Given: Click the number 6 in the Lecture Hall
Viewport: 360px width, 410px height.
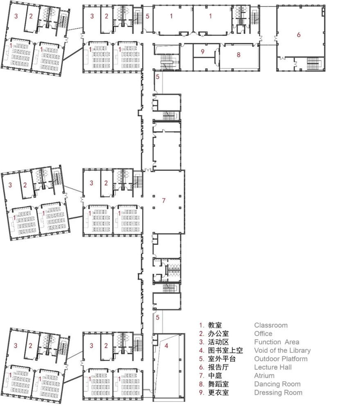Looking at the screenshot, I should click(299, 35).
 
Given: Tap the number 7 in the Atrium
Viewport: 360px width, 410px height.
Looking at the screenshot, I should click(164, 200).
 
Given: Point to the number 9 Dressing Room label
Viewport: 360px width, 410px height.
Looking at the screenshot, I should click(202, 52).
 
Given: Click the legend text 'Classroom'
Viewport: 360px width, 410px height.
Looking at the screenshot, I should click(270, 325).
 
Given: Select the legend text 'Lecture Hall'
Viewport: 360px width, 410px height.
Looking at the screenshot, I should click(273, 367).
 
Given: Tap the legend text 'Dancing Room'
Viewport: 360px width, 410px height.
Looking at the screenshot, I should click(277, 384).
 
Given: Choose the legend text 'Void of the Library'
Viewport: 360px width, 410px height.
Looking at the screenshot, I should click(282, 350).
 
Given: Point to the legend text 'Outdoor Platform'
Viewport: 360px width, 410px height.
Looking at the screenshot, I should click(281, 359).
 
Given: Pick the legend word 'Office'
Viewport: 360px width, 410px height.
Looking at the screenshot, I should click(263, 334).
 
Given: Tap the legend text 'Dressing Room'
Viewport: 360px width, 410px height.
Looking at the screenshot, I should click(278, 392).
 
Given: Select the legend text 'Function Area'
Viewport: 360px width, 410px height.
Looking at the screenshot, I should click(277, 342).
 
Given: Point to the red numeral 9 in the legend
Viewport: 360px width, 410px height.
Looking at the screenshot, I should click(201, 392).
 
